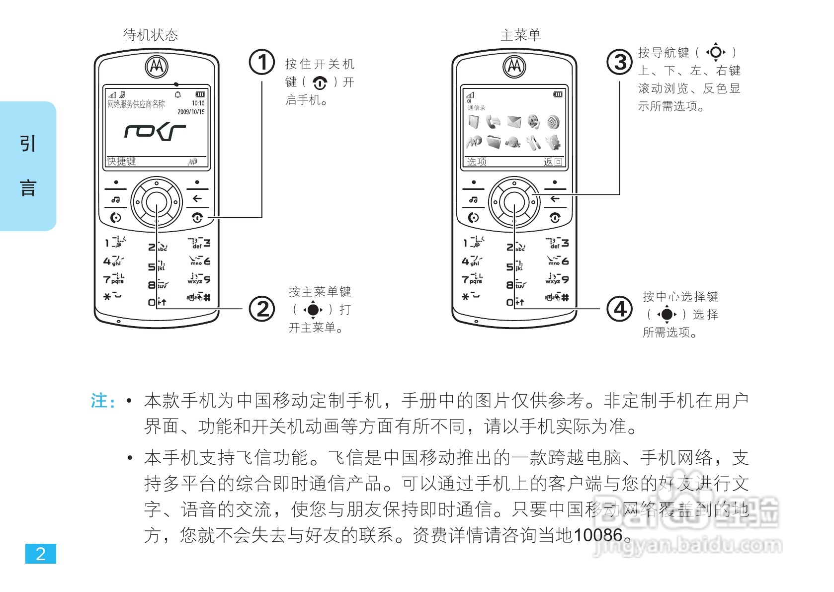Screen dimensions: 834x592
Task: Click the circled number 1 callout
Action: tap(262, 62)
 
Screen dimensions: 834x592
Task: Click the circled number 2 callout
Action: tap(262, 309)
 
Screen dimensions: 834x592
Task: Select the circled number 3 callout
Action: tap(620, 62)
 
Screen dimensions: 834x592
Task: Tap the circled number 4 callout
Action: tap(620, 309)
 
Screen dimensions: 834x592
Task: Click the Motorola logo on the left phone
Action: tap(157, 66)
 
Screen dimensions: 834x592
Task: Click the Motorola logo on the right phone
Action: tap(514, 66)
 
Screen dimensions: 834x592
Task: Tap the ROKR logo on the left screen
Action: tap(155, 132)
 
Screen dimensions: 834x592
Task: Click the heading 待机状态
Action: tap(150, 35)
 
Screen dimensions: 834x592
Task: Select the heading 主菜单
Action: tap(520, 35)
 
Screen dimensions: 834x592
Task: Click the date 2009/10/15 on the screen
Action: tap(191, 112)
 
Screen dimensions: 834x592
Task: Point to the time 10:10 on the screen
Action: tap(198, 103)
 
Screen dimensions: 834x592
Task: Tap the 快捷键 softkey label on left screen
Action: tap(121, 162)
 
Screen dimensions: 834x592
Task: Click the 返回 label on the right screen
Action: tap(553, 162)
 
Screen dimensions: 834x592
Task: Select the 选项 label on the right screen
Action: tap(476, 162)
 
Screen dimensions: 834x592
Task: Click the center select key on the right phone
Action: tap(514, 202)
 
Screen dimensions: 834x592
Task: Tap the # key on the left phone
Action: tap(206, 298)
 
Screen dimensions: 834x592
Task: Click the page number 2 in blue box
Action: tap(41, 554)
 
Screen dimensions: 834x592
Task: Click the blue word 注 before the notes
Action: tap(99, 401)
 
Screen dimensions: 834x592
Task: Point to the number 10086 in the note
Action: tap(598, 535)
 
